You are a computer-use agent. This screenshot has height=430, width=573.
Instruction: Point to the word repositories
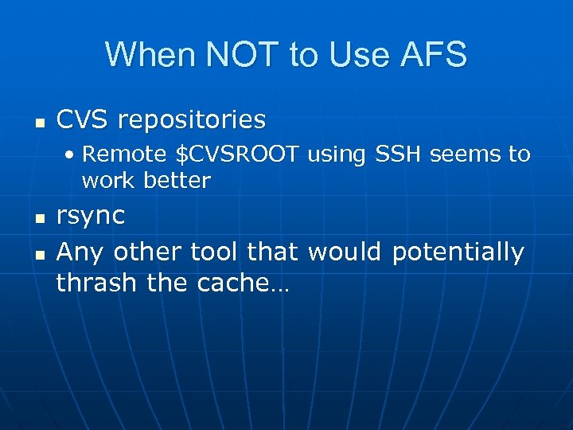(x=192, y=121)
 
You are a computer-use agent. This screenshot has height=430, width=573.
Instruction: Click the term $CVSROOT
(x=237, y=154)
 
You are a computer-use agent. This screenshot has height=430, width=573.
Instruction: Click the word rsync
(x=91, y=217)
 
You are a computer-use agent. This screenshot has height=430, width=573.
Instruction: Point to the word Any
(x=81, y=252)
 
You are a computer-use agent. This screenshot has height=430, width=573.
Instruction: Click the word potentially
(x=458, y=253)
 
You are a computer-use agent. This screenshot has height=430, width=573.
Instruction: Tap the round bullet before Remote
(x=72, y=154)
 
